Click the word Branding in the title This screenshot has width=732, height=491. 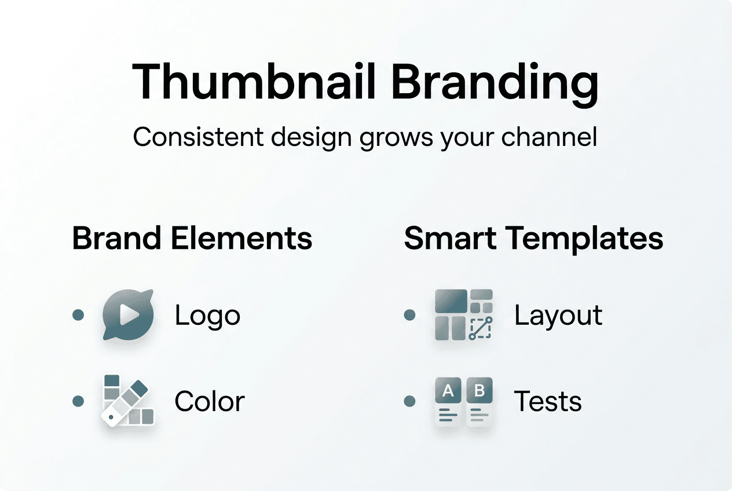pos(494,82)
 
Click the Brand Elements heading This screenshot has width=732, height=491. pos(192,239)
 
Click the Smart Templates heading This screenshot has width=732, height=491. pos(533,239)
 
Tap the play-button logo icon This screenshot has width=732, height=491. pos(128,315)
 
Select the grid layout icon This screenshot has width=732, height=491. pos(463,315)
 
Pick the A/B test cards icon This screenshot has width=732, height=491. pos(463,401)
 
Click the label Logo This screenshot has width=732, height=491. pos(207,316)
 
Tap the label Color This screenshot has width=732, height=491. pos(210,401)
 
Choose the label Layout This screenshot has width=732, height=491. pos(558,316)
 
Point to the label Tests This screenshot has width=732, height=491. pos(548,401)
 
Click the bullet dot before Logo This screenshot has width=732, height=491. pos(78,315)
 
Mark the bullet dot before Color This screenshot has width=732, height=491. pos(78,401)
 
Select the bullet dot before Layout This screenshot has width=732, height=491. pos(409,315)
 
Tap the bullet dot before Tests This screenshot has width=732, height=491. pos(409,401)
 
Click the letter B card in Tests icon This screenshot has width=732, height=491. pos(479,401)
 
